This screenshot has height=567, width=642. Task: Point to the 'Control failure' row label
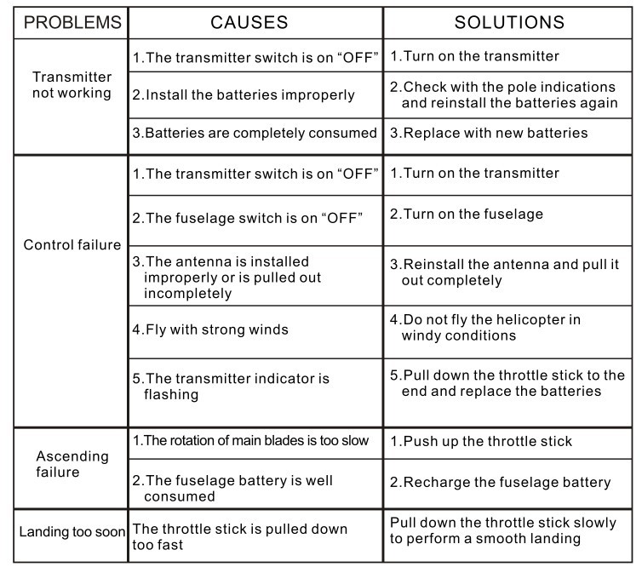[72, 245]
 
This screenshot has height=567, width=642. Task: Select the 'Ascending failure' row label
[72, 465]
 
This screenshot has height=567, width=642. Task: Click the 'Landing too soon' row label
[72, 533]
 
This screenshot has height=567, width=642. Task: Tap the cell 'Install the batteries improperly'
[244, 95]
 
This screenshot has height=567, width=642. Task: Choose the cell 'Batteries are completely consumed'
[254, 133]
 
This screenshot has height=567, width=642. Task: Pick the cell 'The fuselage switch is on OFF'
[248, 217]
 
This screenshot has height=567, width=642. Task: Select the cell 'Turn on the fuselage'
[467, 215]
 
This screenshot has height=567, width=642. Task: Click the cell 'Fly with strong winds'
[210, 329]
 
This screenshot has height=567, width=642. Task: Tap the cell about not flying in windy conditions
[485, 328]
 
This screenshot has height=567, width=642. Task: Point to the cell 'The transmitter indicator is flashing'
[231, 387]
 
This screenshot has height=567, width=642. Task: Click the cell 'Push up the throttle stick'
[481, 442]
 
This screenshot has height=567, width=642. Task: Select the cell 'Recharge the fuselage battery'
[501, 483]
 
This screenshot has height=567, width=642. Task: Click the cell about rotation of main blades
[250, 440]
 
